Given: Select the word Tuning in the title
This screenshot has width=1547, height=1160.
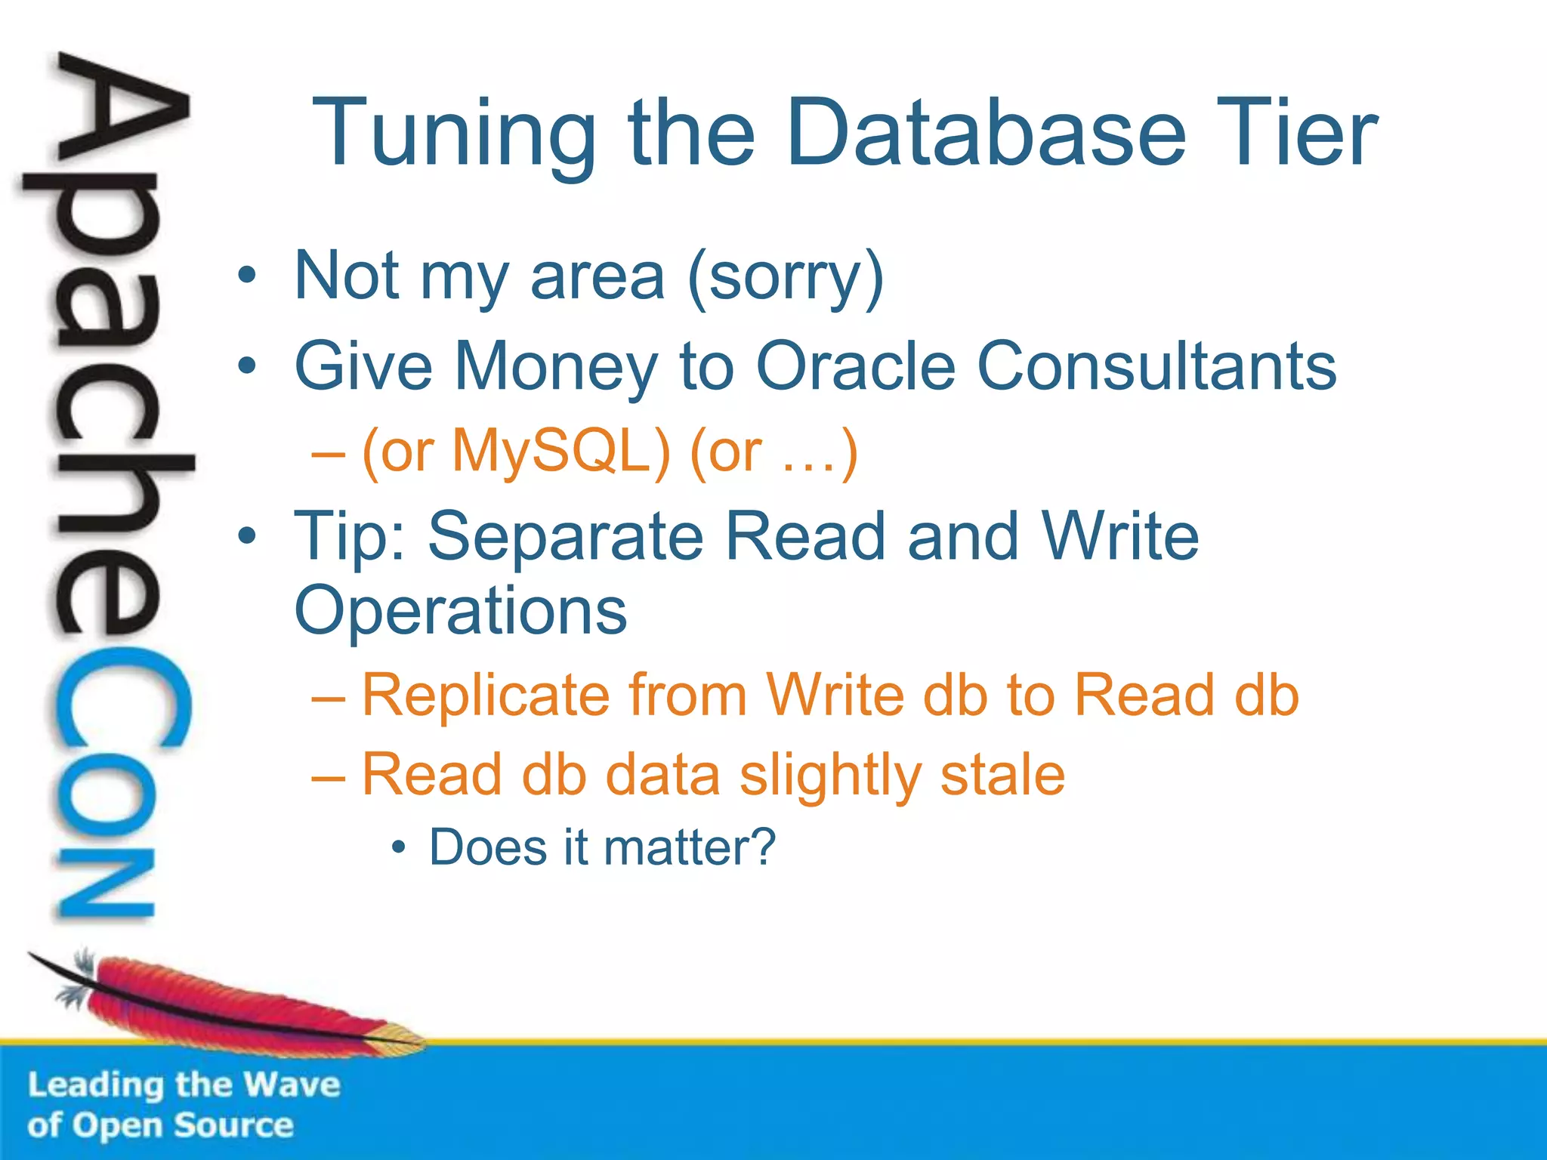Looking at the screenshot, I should pyautogui.click(x=454, y=134).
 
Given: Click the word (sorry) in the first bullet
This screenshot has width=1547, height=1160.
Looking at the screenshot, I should pyautogui.click(x=786, y=278).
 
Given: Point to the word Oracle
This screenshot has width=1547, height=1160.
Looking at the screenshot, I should pyautogui.click(x=857, y=366).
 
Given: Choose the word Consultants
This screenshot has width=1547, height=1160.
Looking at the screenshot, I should pyautogui.click(x=1156, y=366).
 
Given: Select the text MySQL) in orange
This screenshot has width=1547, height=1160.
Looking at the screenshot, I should pyautogui.click(x=561, y=452).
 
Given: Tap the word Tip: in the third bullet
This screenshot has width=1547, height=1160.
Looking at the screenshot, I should pyautogui.click(x=350, y=538).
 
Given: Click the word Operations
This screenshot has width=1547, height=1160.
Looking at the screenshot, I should pyautogui.click(x=460, y=610).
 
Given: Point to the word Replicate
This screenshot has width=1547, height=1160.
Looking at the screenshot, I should pyautogui.click(x=486, y=695).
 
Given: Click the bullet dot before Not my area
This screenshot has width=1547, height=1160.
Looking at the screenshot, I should pyautogui.click(x=246, y=276).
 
